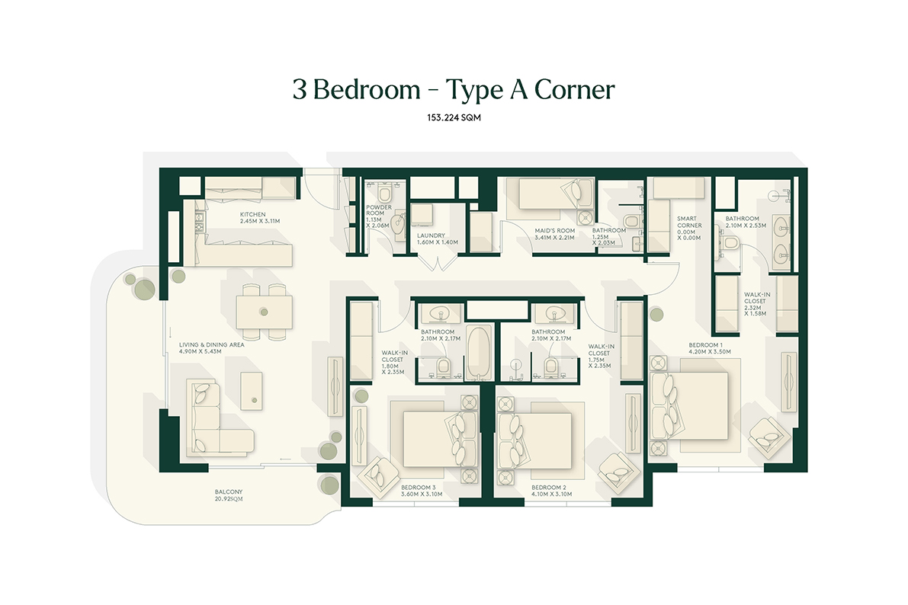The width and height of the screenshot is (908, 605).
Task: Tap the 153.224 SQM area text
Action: [454, 118]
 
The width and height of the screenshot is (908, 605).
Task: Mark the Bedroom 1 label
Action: [688, 347]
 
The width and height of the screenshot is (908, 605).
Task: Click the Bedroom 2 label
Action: [547, 490]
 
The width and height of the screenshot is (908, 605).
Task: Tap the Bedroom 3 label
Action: [417, 490]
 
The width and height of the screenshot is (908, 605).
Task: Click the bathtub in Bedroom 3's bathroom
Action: [478, 354]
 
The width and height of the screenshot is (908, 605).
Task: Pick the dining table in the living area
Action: [263, 311]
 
